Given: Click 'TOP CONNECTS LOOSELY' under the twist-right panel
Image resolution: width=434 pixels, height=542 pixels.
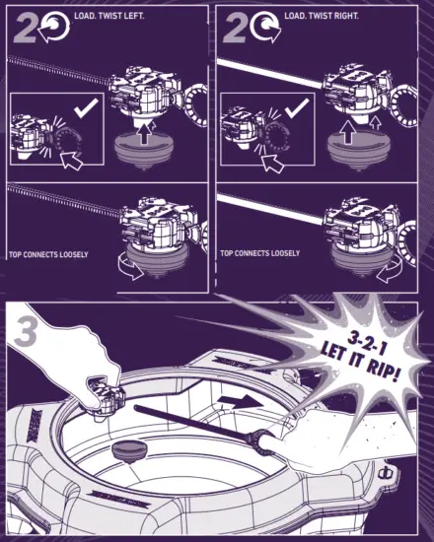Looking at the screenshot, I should (260, 254).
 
